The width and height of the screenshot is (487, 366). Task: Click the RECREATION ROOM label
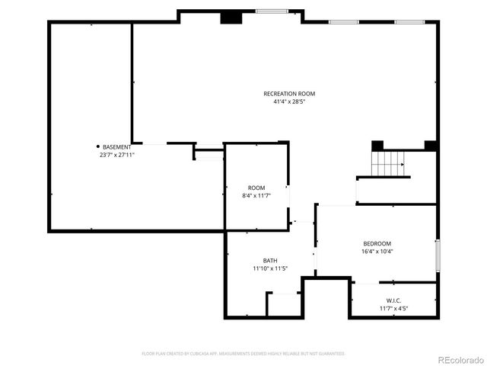(x=289, y=94)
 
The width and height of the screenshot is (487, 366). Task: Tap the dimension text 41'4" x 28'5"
(x=289, y=101)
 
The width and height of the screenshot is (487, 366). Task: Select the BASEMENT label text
(x=117, y=146)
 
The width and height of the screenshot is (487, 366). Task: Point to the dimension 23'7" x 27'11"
(x=116, y=155)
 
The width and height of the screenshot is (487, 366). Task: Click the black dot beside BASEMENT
(x=98, y=146)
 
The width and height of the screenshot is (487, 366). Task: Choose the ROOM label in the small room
(x=256, y=188)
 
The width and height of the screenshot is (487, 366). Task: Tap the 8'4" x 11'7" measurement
(x=256, y=196)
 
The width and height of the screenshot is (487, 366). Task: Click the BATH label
(x=270, y=260)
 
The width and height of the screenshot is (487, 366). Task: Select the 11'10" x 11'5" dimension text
(x=270, y=268)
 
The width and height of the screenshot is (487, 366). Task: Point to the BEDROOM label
(x=377, y=244)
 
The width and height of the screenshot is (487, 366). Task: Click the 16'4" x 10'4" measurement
(x=377, y=252)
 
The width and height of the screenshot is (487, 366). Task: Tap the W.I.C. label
(x=394, y=300)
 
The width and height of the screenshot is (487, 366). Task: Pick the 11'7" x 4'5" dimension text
(x=394, y=308)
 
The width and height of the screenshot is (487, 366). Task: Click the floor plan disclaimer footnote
(x=243, y=354)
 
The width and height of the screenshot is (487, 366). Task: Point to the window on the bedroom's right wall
(x=438, y=255)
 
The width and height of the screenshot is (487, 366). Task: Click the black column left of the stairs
(x=377, y=145)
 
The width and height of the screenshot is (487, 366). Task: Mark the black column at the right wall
(x=431, y=145)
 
